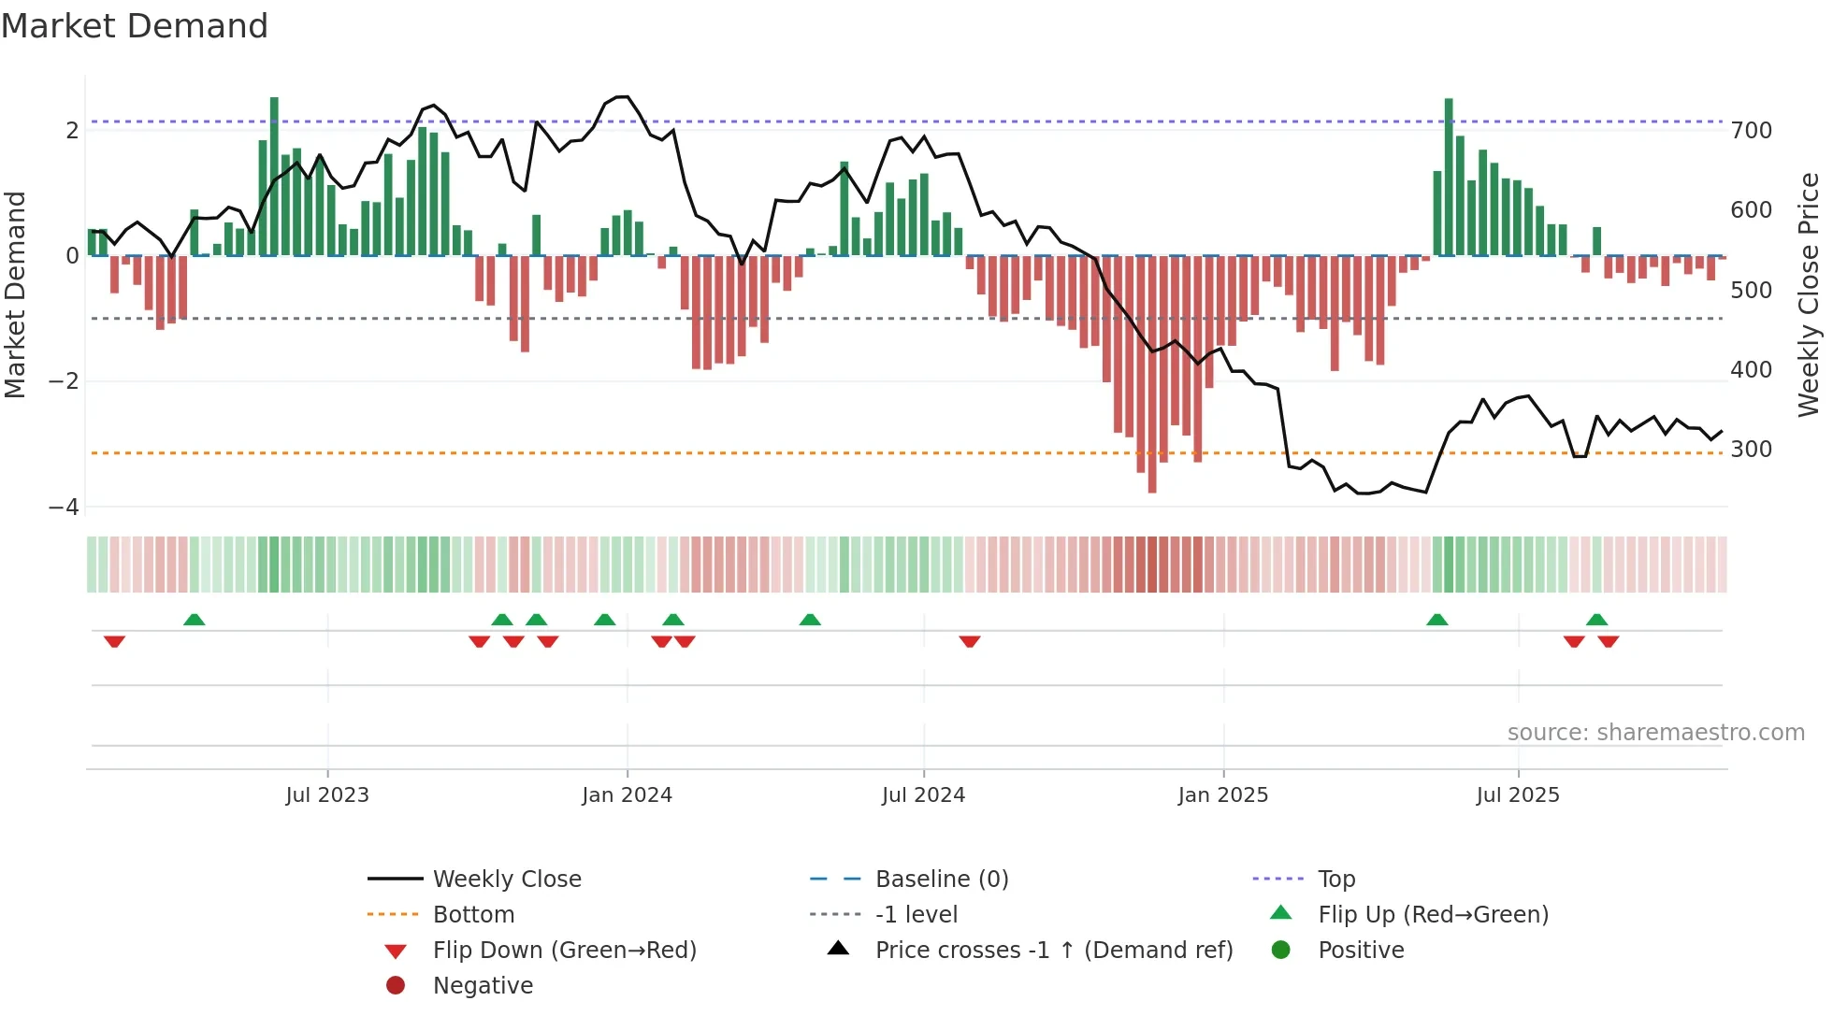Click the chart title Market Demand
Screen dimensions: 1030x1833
pos(135,26)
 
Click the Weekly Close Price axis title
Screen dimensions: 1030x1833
pos(1809,294)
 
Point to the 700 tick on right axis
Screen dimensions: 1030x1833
pos(1751,131)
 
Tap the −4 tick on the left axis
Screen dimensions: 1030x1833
pos(65,508)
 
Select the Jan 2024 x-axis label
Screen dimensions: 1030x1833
pos(627,795)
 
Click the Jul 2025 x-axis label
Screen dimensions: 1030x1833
pos(1518,795)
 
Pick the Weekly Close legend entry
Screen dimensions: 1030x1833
pos(506,880)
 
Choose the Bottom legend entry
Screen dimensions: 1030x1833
pos(473,915)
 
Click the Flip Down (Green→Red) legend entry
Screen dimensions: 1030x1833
pos(564,951)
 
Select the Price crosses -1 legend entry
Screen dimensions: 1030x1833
pos(1053,951)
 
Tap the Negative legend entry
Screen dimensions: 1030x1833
pos(483,986)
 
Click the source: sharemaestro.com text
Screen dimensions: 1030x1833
pos(1655,733)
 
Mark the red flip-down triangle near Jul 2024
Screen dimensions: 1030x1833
pos(970,641)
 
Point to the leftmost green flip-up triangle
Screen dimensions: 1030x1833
pos(195,620)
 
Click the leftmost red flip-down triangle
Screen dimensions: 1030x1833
pos(114,641)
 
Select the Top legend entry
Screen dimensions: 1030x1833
pos(1335,880)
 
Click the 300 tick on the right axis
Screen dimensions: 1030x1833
pos(1751,450)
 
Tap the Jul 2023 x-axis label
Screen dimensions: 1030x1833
pos(327,795)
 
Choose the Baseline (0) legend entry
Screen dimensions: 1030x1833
pos(941,880)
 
